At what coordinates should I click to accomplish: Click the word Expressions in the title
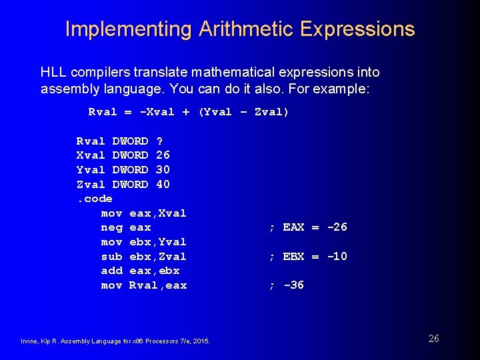(357, 29)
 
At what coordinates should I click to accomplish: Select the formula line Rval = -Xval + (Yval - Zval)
(189, 112)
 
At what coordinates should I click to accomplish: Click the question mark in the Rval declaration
(159, 141)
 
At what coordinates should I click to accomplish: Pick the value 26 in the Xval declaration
(163, 155)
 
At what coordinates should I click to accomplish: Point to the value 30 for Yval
(163, 170)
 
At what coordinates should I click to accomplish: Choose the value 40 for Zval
(163, 185)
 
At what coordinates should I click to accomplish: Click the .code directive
(94, 199)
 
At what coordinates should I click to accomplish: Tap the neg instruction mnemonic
(111, 227)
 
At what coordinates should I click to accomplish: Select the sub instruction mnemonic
(111, 257)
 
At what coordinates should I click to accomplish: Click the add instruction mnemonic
(111, 271)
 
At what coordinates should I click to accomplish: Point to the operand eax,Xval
(158, 213)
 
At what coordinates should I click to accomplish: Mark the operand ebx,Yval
(158, 242)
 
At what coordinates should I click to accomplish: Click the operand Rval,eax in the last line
(158, 285)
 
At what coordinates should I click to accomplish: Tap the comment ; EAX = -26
(308, 227)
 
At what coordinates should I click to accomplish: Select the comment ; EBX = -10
(308, 257)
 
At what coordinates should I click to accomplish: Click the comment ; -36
(287, 285)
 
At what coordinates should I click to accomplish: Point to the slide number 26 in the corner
(433, 339)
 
